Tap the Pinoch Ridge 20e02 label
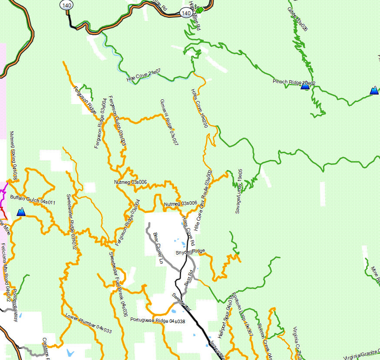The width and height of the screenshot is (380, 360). [294, 82]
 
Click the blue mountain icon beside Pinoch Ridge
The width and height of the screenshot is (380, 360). [305, 86]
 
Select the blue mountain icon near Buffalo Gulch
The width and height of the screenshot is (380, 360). [21, 212]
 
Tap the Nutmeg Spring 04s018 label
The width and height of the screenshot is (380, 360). [13, 156]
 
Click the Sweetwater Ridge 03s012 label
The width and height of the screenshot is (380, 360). [72, 223]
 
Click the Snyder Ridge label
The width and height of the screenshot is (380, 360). [190, 252]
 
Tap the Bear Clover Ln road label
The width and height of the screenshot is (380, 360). [158, 249]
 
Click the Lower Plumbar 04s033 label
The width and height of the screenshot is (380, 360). [89, 323]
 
